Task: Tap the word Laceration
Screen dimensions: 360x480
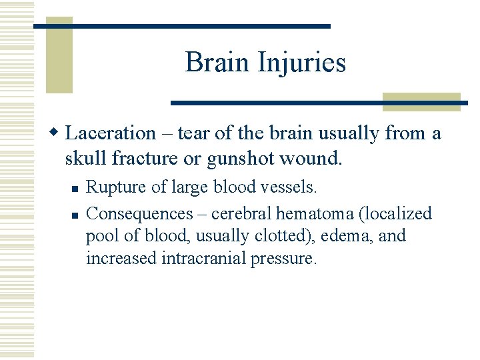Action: coord(111,133)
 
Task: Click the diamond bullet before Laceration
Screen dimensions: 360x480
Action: coord(57,133)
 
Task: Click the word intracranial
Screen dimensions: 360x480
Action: coord(204,259)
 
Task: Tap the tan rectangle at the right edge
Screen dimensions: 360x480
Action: coord(421,101)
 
